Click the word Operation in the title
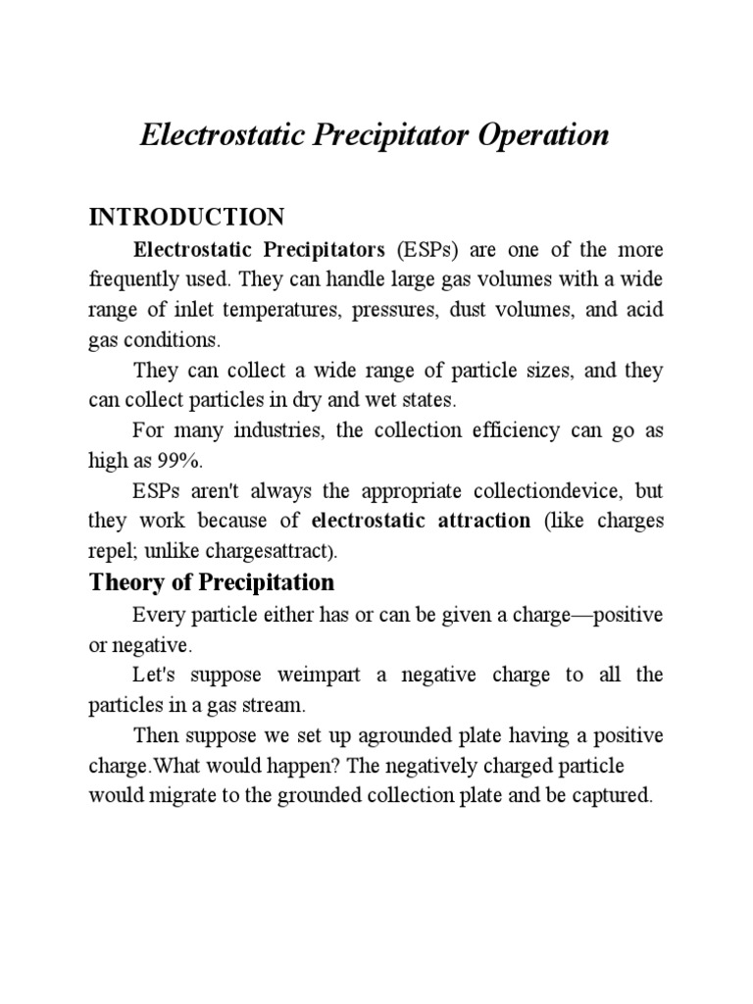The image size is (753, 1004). [x=544, y=134]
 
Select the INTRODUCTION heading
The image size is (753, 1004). [x=186, y=217]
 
